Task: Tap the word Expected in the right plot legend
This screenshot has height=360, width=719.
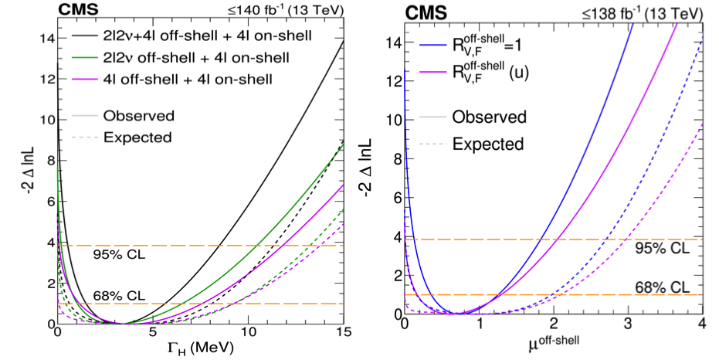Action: [x=488, y=144]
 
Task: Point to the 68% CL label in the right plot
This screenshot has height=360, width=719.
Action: [x=661, y=286]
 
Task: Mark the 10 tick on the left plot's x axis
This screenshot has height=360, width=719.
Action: [x=248, y=331]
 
